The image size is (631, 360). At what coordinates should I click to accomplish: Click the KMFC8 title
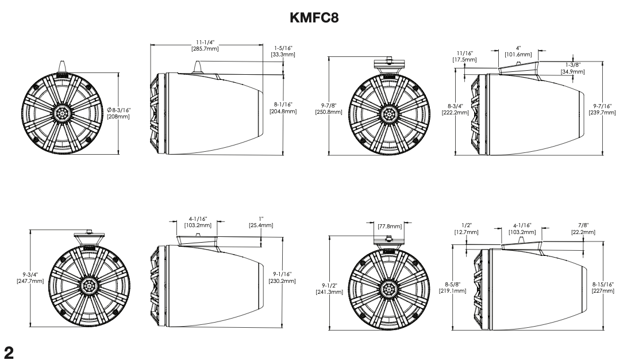[314, 18]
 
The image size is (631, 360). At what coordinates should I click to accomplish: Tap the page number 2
[8, 353]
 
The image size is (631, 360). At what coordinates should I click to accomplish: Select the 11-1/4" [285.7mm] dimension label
[205, 45]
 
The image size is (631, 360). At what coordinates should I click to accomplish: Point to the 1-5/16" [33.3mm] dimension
[283, 51]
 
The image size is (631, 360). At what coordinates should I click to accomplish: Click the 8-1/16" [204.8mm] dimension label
[283, 108]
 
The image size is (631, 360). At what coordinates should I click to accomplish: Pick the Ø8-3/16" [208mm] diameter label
[118, 113]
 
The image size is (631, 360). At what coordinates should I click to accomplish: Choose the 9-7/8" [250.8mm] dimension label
[329, 109]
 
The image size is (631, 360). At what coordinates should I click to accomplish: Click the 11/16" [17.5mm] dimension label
[465, 56]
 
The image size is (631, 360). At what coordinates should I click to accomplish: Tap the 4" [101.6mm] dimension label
[518, 51]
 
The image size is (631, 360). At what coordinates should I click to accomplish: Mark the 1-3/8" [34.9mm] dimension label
[572, 68]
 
